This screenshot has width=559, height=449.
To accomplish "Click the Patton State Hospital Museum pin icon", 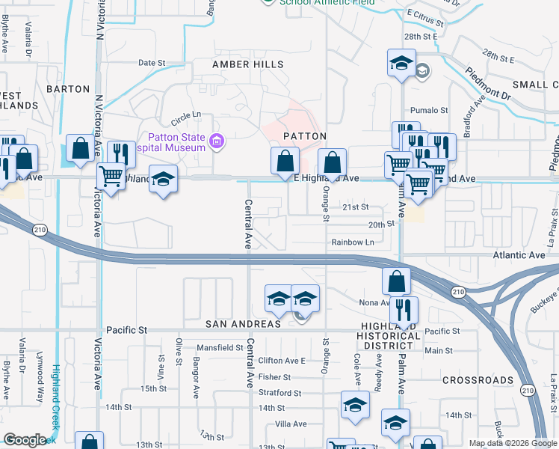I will [217, 141].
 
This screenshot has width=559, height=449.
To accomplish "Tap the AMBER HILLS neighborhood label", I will [248, 64].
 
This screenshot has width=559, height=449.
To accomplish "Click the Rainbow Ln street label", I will [353, 242].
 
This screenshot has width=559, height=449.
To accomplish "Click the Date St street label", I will [151, 63].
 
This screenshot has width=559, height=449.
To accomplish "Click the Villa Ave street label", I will [291, 424].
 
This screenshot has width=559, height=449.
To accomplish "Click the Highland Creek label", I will [56, 397].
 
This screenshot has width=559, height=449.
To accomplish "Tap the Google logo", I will [24, 440].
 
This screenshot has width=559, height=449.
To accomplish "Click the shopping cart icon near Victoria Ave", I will [111, 177].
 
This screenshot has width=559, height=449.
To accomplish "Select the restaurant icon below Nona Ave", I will [404, 309].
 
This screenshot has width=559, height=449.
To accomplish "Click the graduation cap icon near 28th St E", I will [401, 62].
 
